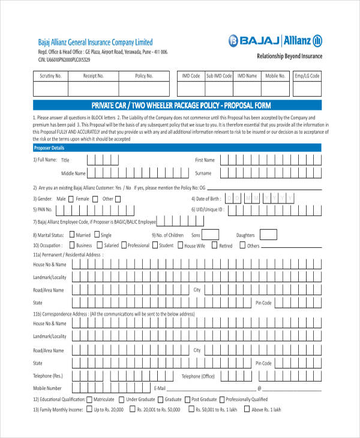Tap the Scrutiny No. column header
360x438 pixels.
[50, 76]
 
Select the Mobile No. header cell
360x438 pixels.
[275, 76]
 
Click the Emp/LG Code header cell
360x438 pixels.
[307, 76]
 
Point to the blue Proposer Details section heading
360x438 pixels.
[49, 148]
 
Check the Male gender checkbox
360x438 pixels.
[71, 199]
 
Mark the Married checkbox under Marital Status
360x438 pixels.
[72, 235]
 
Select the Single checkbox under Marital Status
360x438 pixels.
[97, 235]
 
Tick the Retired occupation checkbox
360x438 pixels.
[214, 245]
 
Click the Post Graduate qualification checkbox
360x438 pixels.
[187, 399]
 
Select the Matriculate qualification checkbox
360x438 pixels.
[89, 399]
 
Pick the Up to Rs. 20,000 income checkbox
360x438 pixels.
[89, 409]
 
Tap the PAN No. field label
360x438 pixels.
[43, 209]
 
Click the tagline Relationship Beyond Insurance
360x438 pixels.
[289, 56]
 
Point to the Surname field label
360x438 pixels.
[203, 173]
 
